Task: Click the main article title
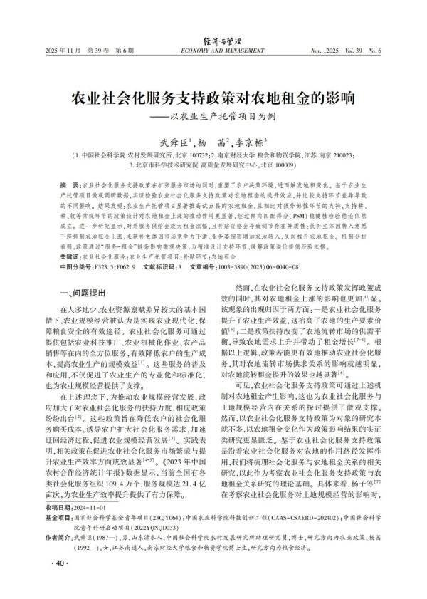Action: pyautogui.click(x=213, y=96)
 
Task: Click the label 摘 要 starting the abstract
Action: pyautogui.click(x=69, y=184)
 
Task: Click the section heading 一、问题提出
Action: pyautogui.click(x=84, y=292)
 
